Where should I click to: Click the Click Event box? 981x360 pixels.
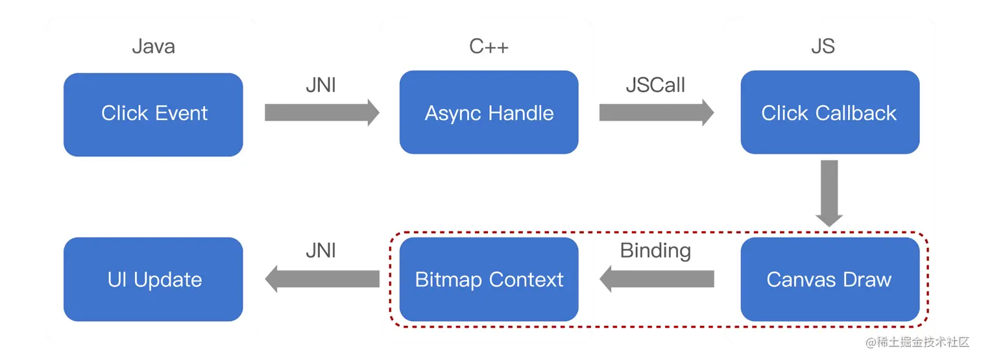[153, 114]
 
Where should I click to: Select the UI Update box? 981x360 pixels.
[153, 280]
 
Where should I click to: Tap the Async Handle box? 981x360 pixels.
[489, 114]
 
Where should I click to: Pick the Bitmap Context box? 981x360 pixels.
[489, 280]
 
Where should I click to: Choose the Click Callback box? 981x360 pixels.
[829, 114]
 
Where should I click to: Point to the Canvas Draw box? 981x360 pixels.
[829, 280]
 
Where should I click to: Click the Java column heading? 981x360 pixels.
[153, 47]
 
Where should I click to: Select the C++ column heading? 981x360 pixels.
[489, 47]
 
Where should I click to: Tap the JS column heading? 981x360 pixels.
[823, 47]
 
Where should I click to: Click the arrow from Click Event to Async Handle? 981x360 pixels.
[321, 112]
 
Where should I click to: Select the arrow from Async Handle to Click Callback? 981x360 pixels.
[655, 112]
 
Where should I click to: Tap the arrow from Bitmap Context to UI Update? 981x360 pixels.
[321, 280]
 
